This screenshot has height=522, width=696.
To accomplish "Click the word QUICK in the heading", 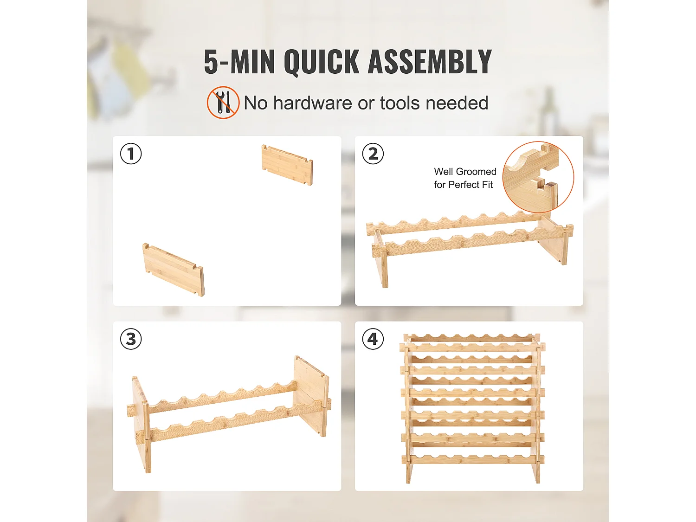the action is pyautogui.click(x=321, y=62).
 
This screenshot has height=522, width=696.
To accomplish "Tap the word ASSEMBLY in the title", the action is pyautogui.click(x=430, y=62).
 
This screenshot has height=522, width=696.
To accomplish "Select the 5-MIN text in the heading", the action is pyautogui.click(x=239, y=62).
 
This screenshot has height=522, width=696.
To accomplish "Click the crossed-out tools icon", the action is pyautogui.click(x=223, y=103).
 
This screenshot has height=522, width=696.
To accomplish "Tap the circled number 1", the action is pyautogui.click(x=131, y=154).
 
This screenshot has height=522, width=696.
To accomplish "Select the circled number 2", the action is pyautogui.click(x=373, y=154).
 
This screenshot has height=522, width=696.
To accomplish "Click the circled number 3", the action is pyautogui.click(x=131, y=339).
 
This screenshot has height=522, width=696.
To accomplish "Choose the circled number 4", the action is pyautogui.click(x=373, y=339).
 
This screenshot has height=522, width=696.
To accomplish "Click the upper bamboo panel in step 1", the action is pyautogui.click(x=287, y=165).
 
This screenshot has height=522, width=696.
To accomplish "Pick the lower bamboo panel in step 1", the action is pyautogui.click(x=173, y=270).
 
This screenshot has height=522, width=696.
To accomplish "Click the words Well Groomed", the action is pyautogui.click(x=465, y=172).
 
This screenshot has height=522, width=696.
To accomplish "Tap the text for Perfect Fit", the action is pyautogui.click(x=463, y=185).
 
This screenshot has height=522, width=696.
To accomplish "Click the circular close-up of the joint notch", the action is pyautogui.click(x=538, y=177).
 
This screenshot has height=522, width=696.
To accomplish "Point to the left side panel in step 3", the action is pyautogui.click(x=142, y=425).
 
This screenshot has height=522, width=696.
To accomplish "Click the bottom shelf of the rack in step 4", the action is pyautogui.click(x=473, y=459).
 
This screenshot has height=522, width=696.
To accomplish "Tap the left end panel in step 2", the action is pyautogui.click(x=380, y=258).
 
